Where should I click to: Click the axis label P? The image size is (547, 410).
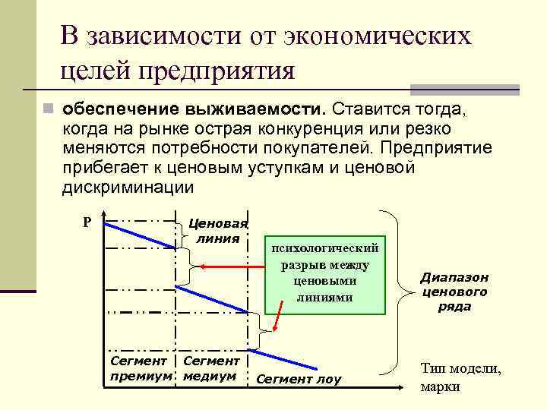(x=87, y=222)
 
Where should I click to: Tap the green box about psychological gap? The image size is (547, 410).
(x=324, y=273)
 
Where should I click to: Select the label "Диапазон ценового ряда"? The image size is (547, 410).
(x=454, y=292)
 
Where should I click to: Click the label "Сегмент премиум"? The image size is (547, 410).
(x=140, y=368)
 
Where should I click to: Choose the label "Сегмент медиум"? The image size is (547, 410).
(x=211, y=368)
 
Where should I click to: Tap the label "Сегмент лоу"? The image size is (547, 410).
(x=299, y=379)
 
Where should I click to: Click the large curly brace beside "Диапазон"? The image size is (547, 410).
(x=399, y=292)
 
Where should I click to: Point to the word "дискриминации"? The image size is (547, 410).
(x=129, y=187)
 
